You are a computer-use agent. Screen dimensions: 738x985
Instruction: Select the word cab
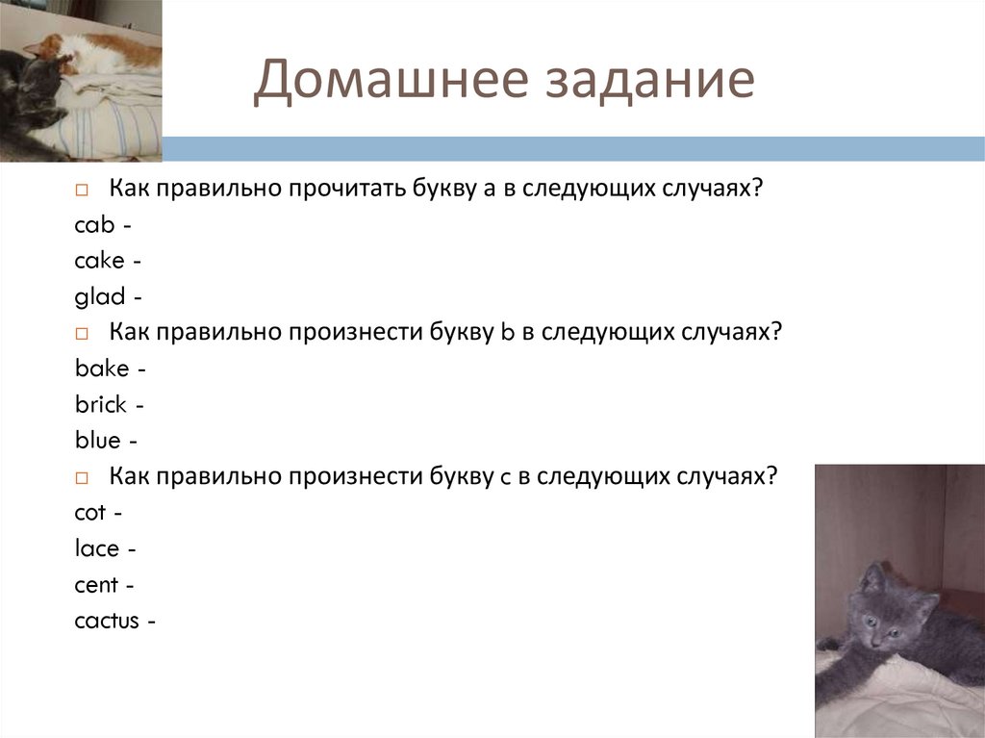[x=94, y=225]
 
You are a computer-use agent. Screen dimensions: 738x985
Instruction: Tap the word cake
[x=99, y=261]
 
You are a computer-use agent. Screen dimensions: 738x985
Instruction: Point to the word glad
[x=100, y=297]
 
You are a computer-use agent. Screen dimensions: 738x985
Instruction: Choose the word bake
[x=101, y=369]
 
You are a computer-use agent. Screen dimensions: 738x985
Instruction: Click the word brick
[x=100, y=405]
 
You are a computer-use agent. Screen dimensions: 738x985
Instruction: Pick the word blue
[x=97, y=441]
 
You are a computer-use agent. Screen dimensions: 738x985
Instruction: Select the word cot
[x=92, y=513]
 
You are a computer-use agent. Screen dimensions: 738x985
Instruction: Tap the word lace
[x=96, y=549]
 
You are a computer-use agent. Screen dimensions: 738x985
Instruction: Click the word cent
[x=96, y=585]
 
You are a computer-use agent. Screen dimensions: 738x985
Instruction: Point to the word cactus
[x=107, y=622]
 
